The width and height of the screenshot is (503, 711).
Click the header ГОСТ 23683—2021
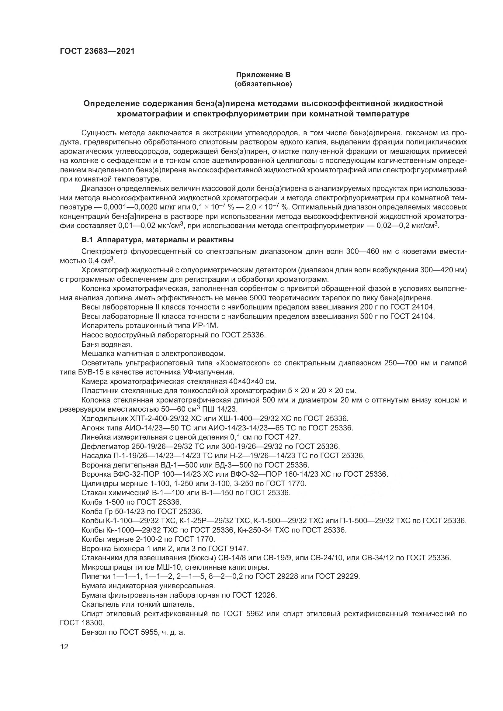tap(97, 51)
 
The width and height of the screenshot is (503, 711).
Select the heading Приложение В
tap(263, 75)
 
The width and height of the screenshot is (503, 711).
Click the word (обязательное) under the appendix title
tap(263, 84)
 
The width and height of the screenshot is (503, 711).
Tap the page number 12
tap(64, 647)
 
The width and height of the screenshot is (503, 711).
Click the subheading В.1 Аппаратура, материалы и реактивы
tap(157, 240)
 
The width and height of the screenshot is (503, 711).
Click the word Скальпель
tap(98, 605)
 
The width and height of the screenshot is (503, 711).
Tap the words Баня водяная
tap(106, 344)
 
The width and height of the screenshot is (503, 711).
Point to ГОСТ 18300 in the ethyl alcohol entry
tap(82, 623)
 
